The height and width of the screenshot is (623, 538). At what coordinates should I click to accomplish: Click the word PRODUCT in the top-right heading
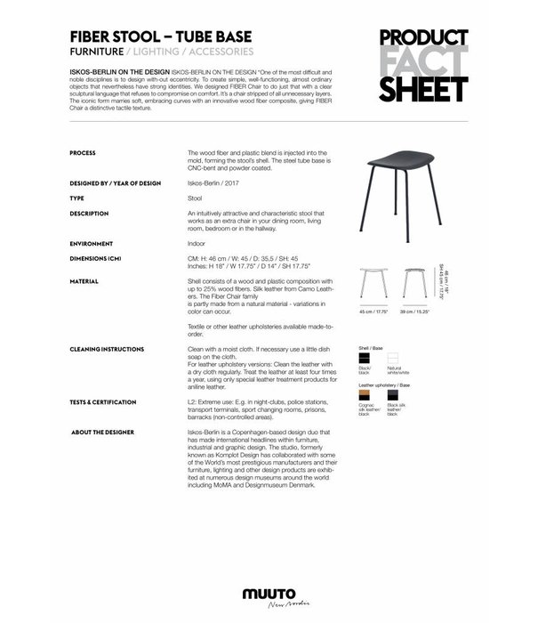point(423,39)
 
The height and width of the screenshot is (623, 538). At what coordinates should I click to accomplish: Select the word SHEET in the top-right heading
point(423,89)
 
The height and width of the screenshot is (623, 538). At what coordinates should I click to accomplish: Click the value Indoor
point(197,243)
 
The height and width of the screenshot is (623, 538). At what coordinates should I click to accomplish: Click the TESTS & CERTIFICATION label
point(108,401)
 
